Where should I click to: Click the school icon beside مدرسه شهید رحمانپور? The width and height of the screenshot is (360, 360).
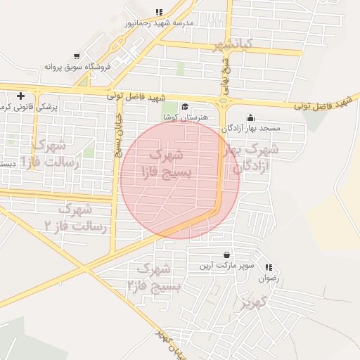[159, 12]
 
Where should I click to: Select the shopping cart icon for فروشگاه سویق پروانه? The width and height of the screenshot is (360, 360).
[77, 56]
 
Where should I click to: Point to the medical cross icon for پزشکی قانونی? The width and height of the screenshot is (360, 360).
[20, 96]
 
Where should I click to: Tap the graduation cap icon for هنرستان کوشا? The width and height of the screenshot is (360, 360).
[184, 106]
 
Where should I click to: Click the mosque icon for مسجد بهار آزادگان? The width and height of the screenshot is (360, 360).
[250, 118]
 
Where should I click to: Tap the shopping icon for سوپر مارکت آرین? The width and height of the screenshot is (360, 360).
[226, 255]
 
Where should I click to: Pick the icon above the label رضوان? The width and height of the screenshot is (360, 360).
[268, 267]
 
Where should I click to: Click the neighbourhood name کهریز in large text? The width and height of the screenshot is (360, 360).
[255, 304]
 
